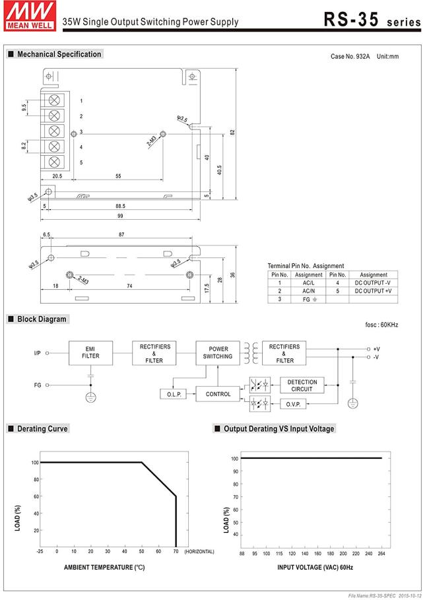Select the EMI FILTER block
pyautogui.click(x=90, y=352)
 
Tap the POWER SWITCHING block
pyautogui.click(x=218, y=352)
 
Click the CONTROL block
pyautogui.click(x=218, y=394)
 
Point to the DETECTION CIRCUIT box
pyautogui.click(x=302, y=385)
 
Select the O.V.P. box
pyautogui.click(x=293, y=404)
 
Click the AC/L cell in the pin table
pyautogui.click(x=308, y=283)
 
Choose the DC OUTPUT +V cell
pyautogui.click(x=373, y=291)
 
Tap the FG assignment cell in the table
pyautogui.click(x=308, y=300)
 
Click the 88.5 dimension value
pyautogui.click(x=120, y=206)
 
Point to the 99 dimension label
pyautogui.click(x=121, y=216)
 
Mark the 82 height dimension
pyautogui.click(x=233, y=131)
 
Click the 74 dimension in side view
pyautogui.click(x=129, y=286)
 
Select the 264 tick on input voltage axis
pyautogui.click(x=381, y=553)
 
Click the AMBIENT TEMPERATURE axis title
pyautogui.click(x=104, y=567)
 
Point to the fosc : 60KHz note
pyautogui.click(x=381, y=325)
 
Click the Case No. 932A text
pyautogui.click(x=350, y=56)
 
